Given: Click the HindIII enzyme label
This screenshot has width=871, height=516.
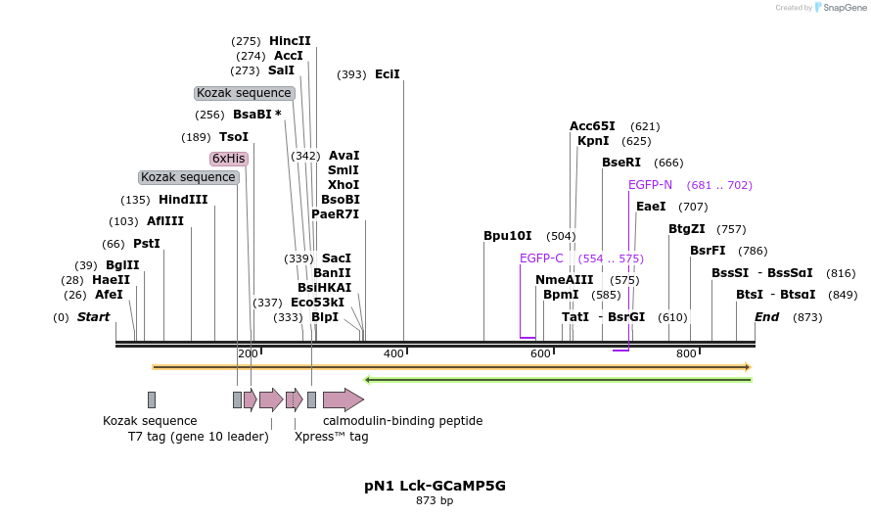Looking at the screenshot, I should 183,200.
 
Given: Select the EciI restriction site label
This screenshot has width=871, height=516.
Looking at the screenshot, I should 388,74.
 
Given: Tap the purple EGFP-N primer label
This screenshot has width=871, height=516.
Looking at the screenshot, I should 650,185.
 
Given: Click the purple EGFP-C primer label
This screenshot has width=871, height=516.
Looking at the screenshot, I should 541,258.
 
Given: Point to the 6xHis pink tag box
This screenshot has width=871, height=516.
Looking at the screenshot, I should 228,159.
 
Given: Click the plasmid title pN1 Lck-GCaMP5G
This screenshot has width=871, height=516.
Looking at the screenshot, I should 435,486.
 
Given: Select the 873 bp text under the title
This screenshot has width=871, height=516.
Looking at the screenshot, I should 435,501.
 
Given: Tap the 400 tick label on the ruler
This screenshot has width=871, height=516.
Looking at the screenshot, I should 394,353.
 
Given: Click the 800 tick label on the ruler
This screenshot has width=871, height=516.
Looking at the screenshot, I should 686,353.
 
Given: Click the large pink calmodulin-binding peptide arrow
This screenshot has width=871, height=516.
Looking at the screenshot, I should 343,399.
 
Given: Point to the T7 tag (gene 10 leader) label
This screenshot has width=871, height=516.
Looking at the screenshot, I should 198,437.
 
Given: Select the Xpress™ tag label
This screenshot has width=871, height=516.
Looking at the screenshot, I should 331,437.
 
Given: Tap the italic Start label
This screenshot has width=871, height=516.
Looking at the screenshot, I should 93,317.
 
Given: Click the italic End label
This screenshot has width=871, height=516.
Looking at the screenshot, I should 766,317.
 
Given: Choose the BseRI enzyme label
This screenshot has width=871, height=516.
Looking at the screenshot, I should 621,163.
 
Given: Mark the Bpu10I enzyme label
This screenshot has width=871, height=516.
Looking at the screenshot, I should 508,236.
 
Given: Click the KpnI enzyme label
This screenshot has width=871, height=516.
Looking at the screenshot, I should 593,141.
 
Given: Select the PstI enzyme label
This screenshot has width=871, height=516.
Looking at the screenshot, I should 146,244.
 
